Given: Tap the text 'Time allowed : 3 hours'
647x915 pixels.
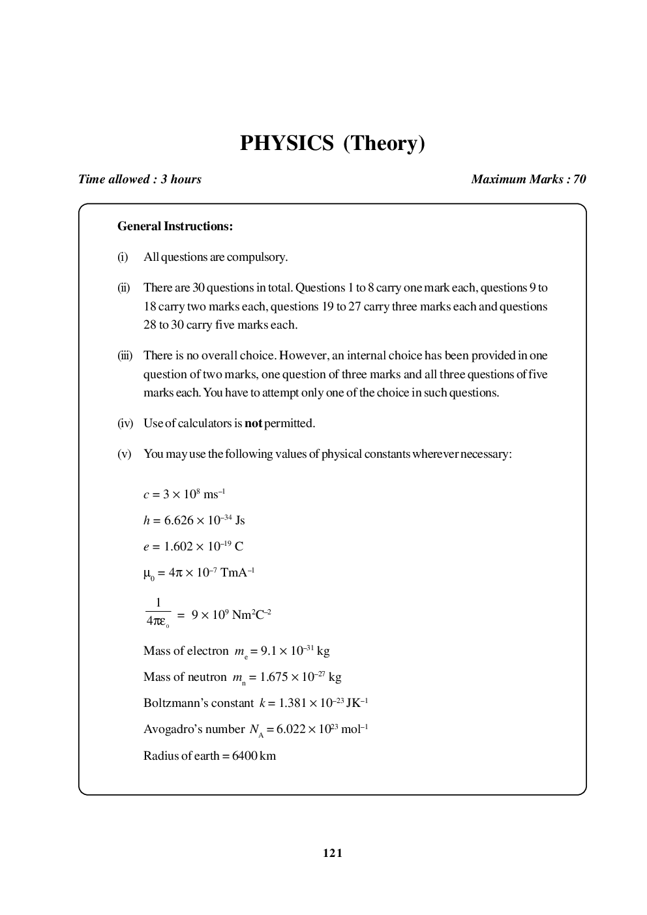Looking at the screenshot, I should pos(140,179).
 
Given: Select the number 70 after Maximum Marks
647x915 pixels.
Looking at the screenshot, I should pos(579,179).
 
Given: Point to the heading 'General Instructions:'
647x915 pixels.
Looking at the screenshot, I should pos(175,227).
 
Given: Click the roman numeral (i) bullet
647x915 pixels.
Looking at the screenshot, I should pos(123,257).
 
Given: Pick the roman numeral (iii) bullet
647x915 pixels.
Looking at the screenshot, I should pos(125,355).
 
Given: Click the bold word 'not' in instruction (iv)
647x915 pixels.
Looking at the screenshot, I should pos(253,423).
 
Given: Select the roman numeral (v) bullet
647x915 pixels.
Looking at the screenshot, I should pos(124,454).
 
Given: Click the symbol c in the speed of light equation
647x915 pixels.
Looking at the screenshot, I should pos(146,494).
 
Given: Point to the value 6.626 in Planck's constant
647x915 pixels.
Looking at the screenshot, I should pos(178,520).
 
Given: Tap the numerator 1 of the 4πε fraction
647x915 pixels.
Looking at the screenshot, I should pos(158,603).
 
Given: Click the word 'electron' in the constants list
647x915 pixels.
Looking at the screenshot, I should pos(207,651).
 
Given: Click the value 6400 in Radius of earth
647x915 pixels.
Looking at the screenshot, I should pos(244,756).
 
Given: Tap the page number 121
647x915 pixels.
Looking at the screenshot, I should pos(333,853).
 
